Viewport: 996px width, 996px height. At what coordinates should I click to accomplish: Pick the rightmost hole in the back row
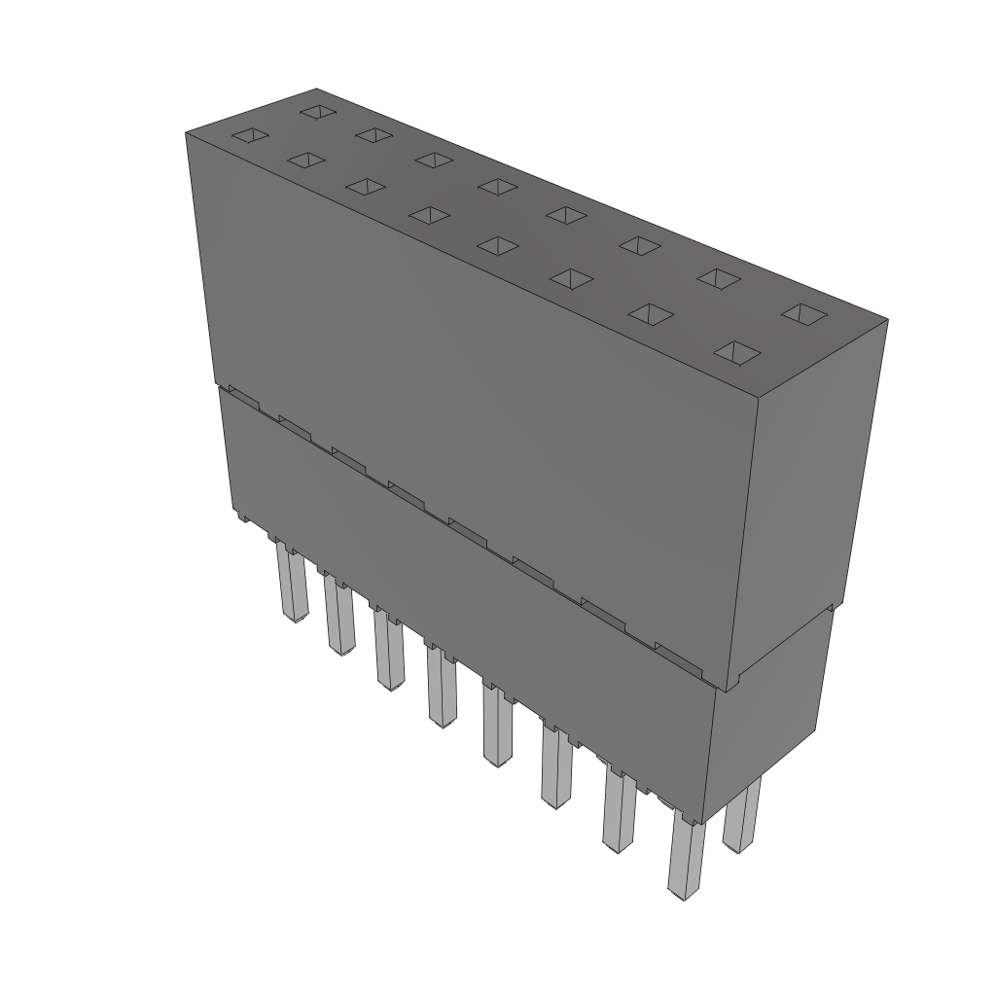point(803,313)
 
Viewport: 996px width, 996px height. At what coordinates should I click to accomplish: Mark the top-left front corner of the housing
point(186,132)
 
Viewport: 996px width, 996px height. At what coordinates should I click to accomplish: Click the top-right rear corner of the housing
point(887,318)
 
